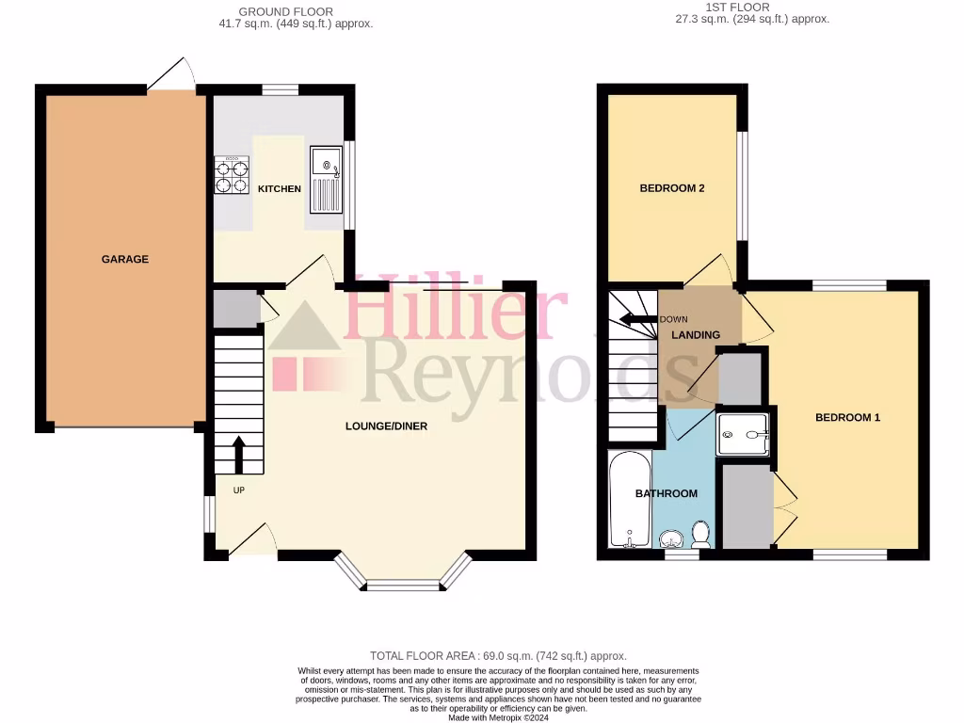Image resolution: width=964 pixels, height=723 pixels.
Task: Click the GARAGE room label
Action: click(125, 259)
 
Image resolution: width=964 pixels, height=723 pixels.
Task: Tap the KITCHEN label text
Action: click(280, 189)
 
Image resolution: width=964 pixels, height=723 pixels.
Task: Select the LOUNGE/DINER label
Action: click(386, 426)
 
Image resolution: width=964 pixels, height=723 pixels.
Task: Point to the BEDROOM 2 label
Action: click(672, 188)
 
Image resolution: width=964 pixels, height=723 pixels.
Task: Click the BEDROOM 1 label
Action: click(847, 417)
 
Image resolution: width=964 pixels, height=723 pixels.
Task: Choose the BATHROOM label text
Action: click(667, 493)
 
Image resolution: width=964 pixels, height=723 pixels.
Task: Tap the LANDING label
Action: click(696, 335)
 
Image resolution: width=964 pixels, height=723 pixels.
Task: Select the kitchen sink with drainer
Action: click(328, 180)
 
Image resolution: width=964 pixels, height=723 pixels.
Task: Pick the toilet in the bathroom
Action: click(700, 534)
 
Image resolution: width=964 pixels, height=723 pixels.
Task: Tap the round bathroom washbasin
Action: click(672, 539)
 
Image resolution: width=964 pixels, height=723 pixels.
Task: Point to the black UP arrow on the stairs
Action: click(238, 454)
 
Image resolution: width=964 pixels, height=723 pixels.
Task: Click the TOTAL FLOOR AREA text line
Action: click(498, 656)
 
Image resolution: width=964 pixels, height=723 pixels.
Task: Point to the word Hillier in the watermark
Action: click(456, 311)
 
